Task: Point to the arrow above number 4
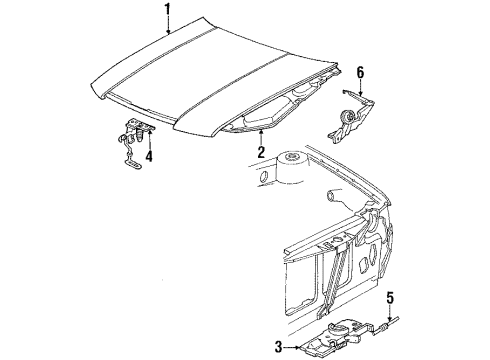point(148,140)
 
